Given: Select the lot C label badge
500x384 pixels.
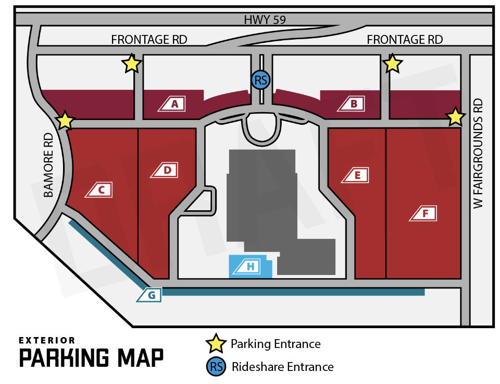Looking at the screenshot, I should pos(101,190).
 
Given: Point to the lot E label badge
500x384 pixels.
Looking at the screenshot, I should pos(357,175).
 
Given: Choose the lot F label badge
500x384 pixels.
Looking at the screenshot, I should pos(425,213).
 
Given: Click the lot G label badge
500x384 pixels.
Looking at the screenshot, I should pos(151,295).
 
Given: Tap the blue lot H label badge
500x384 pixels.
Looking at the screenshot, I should pos(249,267).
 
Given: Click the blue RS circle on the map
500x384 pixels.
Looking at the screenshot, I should pos(260,80).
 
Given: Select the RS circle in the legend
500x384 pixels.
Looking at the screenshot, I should pos(217,367).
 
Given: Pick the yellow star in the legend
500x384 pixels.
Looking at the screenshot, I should pos(216,344).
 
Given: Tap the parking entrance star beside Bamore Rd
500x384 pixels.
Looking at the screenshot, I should pos(65,121).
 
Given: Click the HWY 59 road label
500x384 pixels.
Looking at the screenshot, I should pos(265,20).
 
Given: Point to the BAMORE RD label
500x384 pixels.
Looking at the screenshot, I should pos(48,165).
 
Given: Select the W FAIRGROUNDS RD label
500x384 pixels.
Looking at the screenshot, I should pos(479,154).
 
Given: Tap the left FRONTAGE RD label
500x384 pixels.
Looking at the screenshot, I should pos(149,40).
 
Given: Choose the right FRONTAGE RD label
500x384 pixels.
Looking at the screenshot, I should pos(405,40).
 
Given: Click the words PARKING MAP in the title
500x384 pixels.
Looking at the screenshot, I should pos(91,358).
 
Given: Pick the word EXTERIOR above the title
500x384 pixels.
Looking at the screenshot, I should pos(47,340).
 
